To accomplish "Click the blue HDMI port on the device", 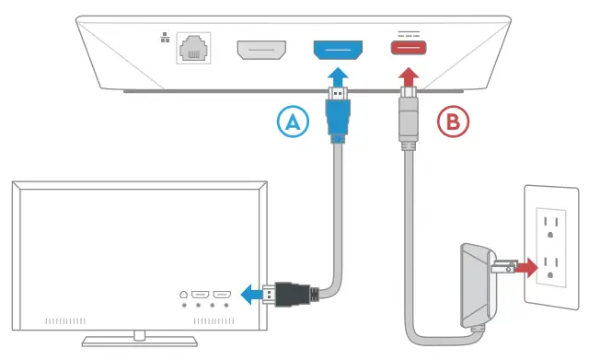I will tap(339, 50).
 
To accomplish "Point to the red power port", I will tap(408, 49).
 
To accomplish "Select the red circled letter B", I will tap(453, 122).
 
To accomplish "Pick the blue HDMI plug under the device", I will tap(338, 115).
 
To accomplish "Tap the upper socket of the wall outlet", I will tap(553, 223).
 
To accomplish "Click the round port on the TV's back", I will tap(185, 295).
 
